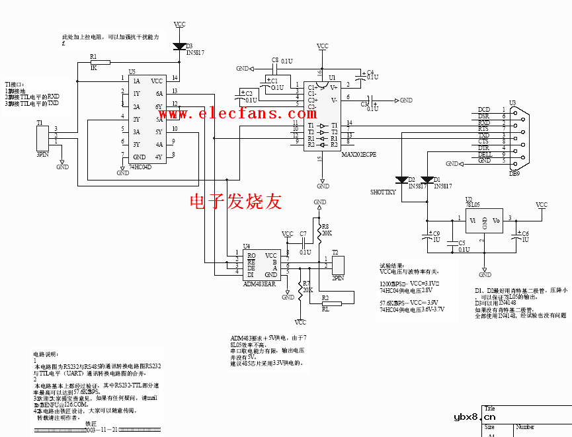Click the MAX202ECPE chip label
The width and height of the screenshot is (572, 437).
359,154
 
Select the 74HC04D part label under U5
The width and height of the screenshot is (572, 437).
140,167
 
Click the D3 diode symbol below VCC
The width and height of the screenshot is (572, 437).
179,46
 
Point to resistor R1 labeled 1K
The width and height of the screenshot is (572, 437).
93,62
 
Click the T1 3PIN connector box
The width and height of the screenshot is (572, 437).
42,136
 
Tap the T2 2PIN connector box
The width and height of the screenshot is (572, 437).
339,264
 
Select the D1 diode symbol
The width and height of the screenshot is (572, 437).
428,179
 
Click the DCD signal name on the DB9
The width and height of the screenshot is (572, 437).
484,110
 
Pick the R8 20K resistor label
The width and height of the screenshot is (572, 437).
326,229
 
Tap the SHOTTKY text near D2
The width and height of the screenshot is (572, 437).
382,192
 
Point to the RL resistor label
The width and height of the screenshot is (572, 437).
325,309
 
